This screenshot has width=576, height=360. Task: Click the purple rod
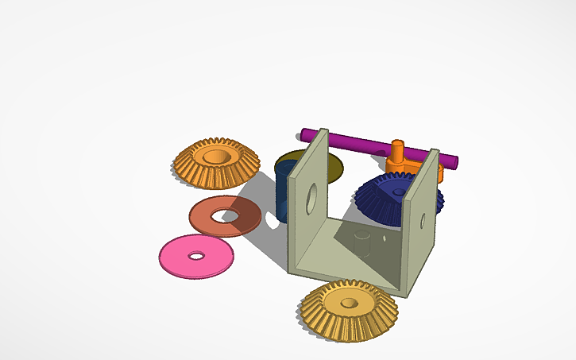point(358,141)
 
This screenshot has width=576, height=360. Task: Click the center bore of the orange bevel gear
point(214,156)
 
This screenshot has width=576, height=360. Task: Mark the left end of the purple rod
point(304,133)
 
